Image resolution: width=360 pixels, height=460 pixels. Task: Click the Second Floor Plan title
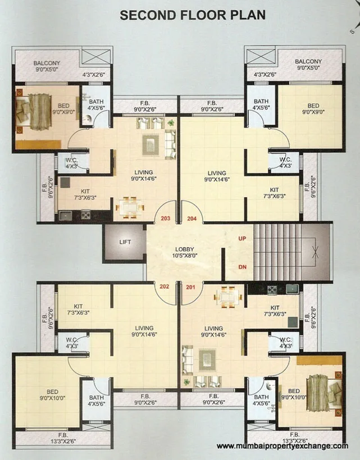[x=192, y=15]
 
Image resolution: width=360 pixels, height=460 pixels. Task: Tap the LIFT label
[x=125, y=242]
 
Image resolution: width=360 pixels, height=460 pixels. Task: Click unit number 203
[x=165, y=218]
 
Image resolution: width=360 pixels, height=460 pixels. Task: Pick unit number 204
[x=192, y=218]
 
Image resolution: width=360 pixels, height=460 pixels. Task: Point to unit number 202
[x=165, y=286]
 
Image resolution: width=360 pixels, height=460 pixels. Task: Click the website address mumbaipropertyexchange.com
[x=282, y=446]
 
